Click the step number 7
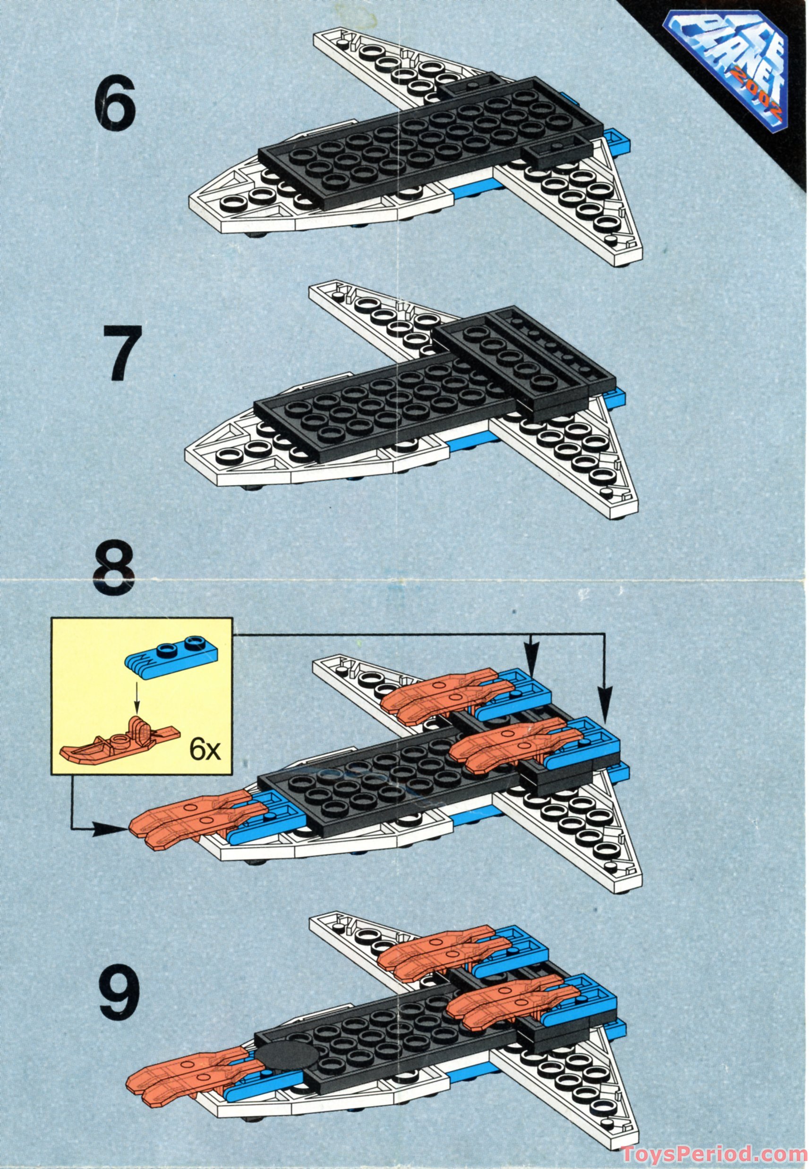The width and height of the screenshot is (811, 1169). coord(122,354)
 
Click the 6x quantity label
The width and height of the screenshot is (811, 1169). coord(205,750)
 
